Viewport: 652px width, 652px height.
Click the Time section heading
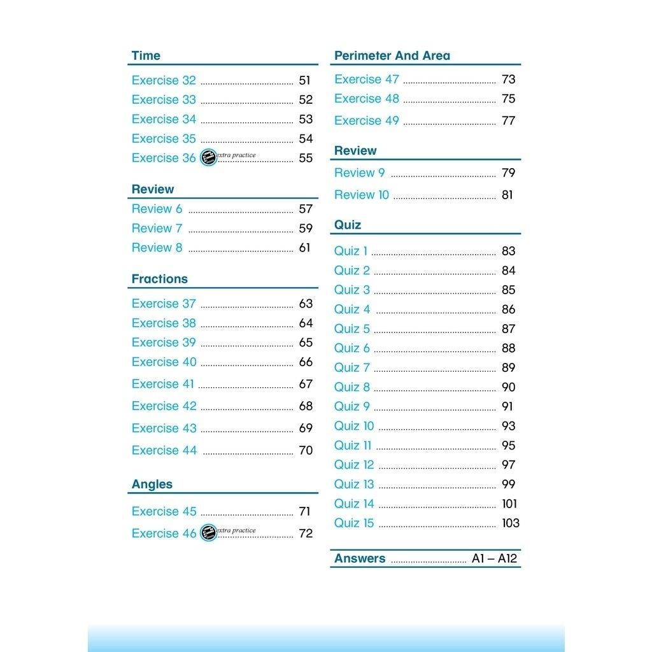(x=146, y=56)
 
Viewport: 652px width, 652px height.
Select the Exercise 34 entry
(x=164, y=119)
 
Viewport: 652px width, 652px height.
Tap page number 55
(x=306, y=158)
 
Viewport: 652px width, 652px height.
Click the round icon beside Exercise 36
(x=208, y=158)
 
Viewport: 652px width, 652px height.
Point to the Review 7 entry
(x=157, y=228)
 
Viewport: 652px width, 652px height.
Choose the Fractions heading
(x=159, y=279)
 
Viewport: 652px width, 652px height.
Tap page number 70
(x=306, y=450)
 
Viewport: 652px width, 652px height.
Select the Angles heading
(x=152, y=485)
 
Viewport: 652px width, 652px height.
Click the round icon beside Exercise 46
(x=208, y=533)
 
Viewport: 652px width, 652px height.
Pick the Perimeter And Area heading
(x=392, y=56)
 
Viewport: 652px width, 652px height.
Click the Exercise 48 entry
(x=366, y=99)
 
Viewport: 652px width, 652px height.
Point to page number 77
(x=508, y=120)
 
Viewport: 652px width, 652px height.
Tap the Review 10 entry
(x=361, y=195)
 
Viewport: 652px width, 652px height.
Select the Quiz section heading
(x=348, y=225)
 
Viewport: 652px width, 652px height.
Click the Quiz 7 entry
(x=351, y=367)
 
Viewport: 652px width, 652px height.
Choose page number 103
(x=511, y=523)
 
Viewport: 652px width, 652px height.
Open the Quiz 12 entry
(x=354, y=465)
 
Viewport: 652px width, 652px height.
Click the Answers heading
(x=360, y=558)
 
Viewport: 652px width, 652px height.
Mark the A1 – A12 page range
(x=495, y=559)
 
